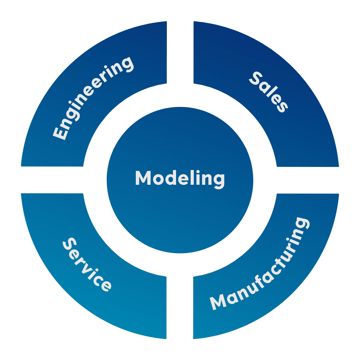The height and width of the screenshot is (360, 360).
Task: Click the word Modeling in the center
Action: [x=180, y=178]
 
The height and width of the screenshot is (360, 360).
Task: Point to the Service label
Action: [x=87, y=264]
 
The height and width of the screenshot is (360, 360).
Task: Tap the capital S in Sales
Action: [x=256, y=79]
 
